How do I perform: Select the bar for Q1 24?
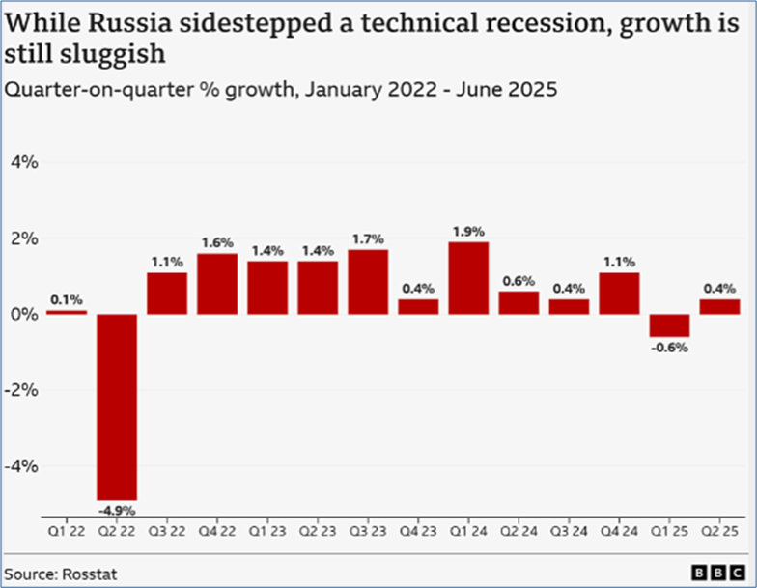click(468, 278)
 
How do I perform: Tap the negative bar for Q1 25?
click(669, 325)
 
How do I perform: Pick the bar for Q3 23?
click(368, 282)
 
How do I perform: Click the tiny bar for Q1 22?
click(66, 312)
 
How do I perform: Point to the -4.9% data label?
click(115, 509)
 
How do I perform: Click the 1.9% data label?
click(468, 232)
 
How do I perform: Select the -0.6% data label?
click(669, 348)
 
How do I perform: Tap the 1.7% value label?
click(368, 238)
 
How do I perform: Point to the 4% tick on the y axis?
click(24, 163)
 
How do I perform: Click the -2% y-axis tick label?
click(21, 390)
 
